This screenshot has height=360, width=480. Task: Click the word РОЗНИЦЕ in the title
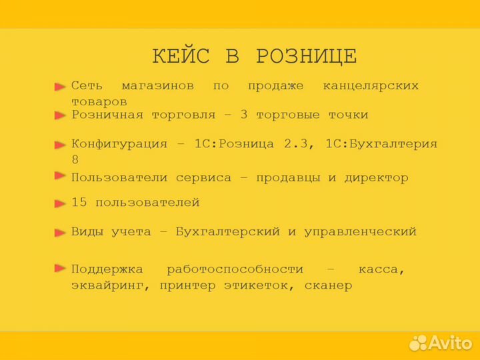pyautogui.click(x=307, y=57)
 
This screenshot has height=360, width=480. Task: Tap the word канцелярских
pyautogui.click(x=371, y=86)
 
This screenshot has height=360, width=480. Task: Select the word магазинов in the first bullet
pyautogui.click(x=158, y=86)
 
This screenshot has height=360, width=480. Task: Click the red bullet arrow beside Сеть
pyautogui.click(x=60, y=87)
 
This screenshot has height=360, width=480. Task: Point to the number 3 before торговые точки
pyautogui.click(x=244, y=115)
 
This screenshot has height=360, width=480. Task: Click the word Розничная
pyautogui.click(x=107, y=115)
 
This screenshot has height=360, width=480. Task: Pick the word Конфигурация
pyautogui.click(x=119, y=144)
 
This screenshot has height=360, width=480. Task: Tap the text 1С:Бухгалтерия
pyautogui.click(x=382, y=144)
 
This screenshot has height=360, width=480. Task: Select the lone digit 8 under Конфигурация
pyautogui.click(x=75, y=159)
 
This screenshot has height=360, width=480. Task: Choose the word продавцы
pyautogui.click(x=288, y=178)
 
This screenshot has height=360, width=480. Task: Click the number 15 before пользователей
pyautogui.click(x=79, y=203)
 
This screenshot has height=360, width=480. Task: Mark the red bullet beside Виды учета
pyautogui.click(x=60, y=233)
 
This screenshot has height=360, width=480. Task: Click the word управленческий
pyautogui.click(x=360, y=232)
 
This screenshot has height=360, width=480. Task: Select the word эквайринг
pyautogui.click(x=103, y=285)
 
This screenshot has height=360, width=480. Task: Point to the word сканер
pyautogui.click(x=328, y=285)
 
